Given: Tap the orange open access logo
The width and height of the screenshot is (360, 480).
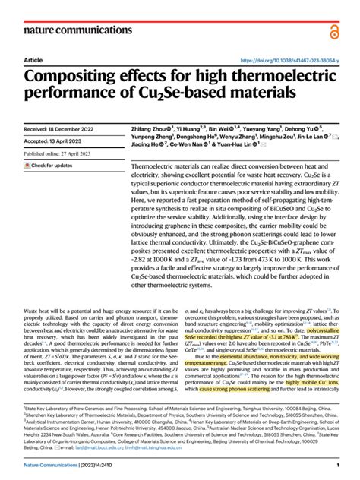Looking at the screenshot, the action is [x=333, y=30].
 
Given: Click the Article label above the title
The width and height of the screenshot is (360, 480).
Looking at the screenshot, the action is [x=33, y=60].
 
